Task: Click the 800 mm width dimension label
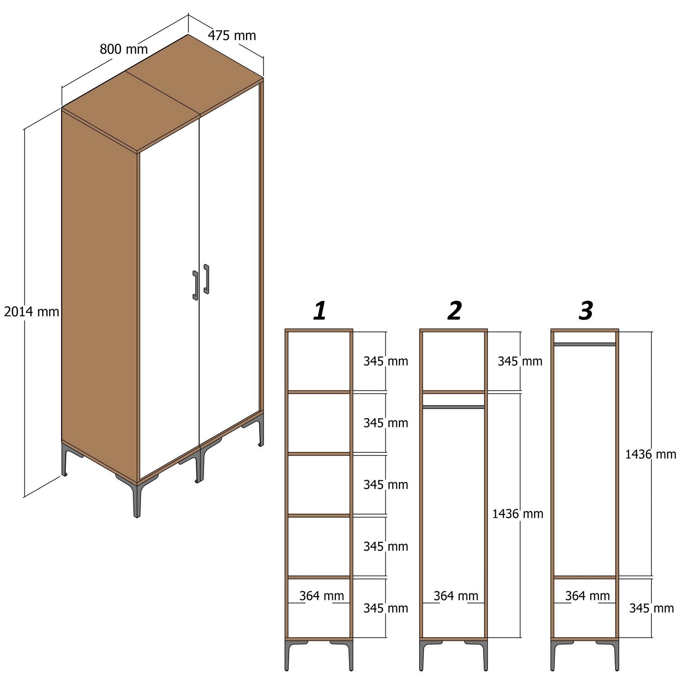123,49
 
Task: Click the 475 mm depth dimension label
232,35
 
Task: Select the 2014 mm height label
31,311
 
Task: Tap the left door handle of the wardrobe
195,286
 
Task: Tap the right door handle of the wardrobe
206,279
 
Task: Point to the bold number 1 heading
320,311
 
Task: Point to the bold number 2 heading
454,311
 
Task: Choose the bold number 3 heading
586,311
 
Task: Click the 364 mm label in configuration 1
321,596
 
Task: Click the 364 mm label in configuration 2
456,596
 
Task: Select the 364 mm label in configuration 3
587,596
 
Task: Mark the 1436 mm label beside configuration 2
517,514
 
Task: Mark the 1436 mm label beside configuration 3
650,454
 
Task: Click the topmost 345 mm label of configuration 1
385,361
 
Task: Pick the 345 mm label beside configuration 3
651,608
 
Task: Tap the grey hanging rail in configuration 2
453,407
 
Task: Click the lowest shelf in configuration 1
319,577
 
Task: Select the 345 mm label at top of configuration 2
520,361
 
